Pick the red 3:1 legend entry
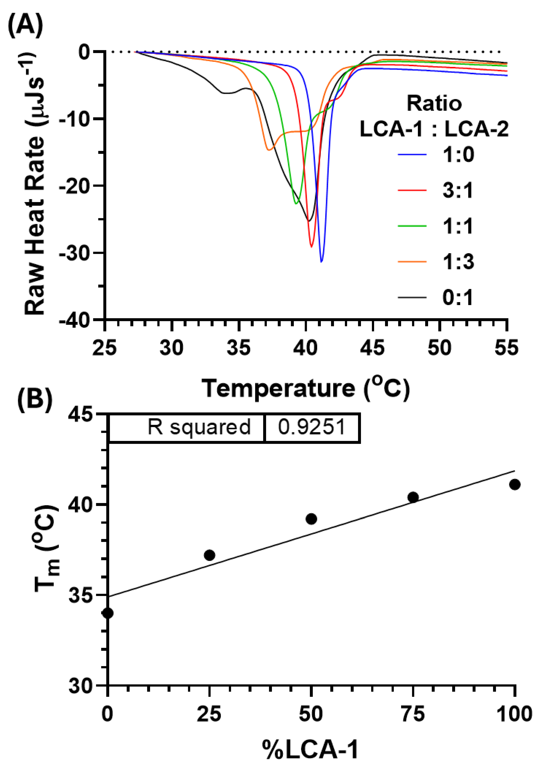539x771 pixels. point(436,190)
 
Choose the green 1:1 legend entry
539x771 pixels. point(436,226)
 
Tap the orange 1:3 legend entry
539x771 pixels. point(436,262)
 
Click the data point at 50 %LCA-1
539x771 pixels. point(311,519)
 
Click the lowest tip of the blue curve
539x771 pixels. point(321,262)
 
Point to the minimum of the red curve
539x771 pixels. point(311,247)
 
